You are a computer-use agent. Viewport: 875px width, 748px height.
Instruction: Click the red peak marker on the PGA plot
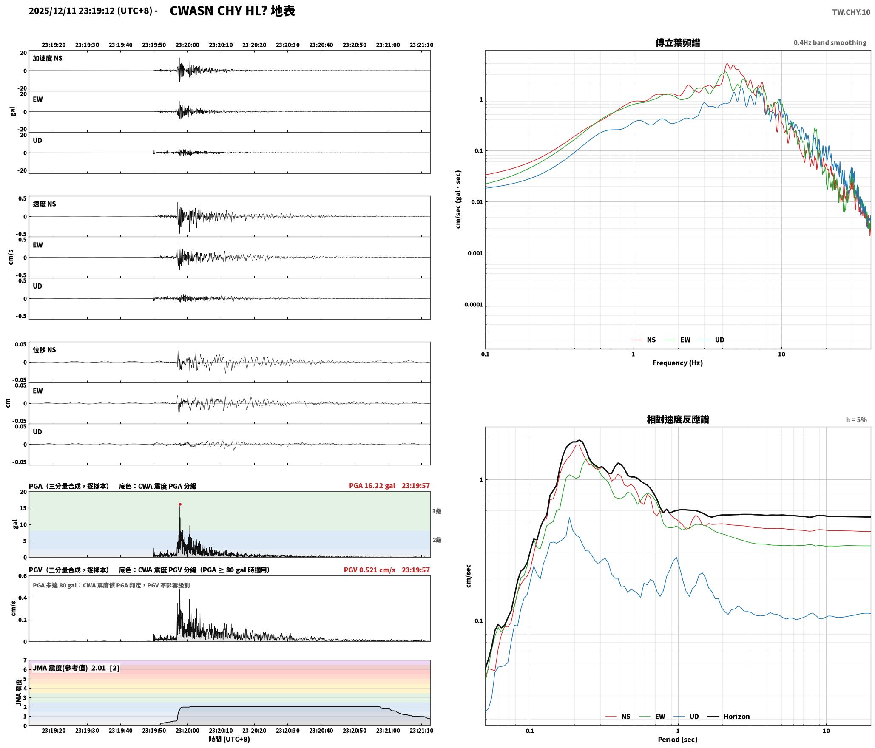pyautogui.click(x=180, y=504)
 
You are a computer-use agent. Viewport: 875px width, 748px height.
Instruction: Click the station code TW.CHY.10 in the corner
pyautogui.click(x=851, y=12)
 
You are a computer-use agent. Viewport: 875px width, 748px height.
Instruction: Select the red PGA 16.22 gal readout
pyautogui.click(x=372, y=486)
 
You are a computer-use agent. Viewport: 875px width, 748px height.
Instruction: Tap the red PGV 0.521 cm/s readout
pyautogui.click(x=369, y=570)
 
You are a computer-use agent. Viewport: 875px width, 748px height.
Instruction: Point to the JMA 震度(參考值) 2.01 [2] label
pyautogui.click(x=76, y=668)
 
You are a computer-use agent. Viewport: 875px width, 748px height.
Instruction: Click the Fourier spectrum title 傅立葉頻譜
pyautogui.click(x=678, y=43)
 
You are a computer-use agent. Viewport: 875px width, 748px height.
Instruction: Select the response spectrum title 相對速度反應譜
pyautogui.click(x=678, y=419)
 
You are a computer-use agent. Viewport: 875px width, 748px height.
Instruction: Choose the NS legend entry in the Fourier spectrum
pyautogui.click(x=643, y=340)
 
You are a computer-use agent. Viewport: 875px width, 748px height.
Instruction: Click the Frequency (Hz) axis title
pyautogui.click(x=678, y=363)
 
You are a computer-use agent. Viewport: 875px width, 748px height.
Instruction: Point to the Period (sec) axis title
pyautogui.click(x=678, y=739)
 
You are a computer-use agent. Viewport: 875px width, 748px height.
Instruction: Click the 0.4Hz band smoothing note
pyautogui.click(x=830, y=43)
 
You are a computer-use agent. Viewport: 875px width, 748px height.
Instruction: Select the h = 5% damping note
pyautogui.click(x=856, y=420)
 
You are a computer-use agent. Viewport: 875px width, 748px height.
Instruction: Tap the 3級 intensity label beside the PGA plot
pyautogui.click(x=437, y=511)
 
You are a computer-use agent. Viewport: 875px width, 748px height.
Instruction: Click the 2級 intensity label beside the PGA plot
pyautogui.click(x=437, y=540)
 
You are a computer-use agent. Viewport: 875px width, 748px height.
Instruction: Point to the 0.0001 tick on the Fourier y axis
pyautogui.click(x=473, y=305)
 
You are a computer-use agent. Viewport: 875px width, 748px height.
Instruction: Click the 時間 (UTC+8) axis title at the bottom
pyautogui.click(x=229, y=739)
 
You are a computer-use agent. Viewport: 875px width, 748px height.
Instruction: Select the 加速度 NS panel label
pyautogui.click(x=48, y=58)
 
